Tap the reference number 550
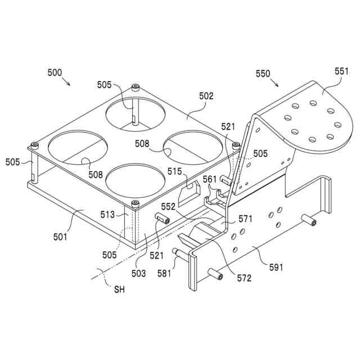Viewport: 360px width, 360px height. pos(263,73)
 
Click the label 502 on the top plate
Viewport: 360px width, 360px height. pos(206,96)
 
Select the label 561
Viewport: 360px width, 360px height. pos(209,179)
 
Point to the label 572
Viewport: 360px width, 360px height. pos(244,277)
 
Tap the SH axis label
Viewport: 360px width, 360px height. pos(119,290)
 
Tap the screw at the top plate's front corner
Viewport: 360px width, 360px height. pos(135,203)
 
